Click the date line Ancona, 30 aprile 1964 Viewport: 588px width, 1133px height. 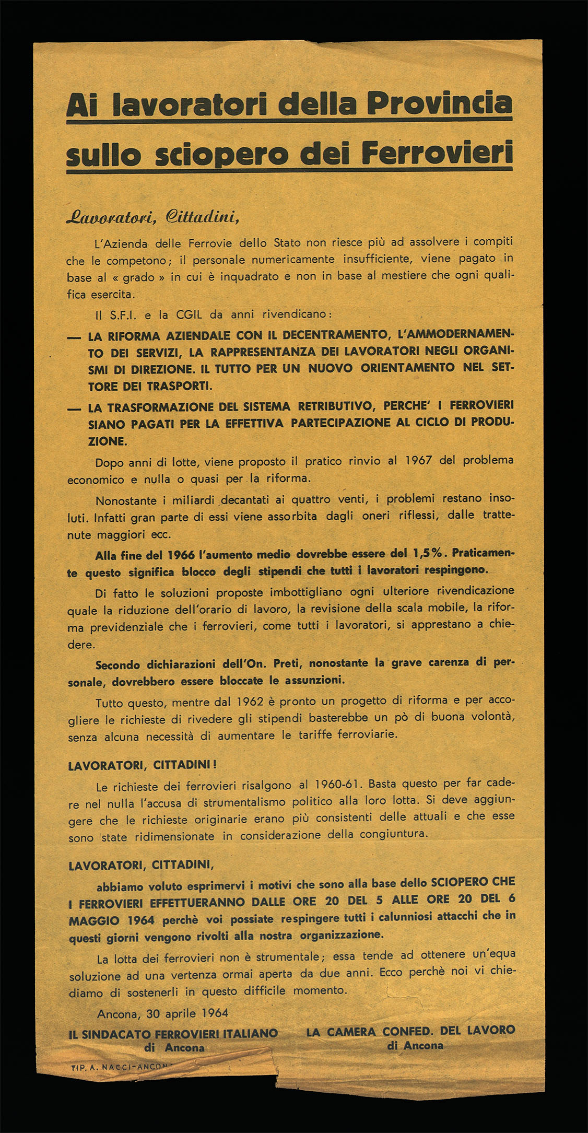click(x=162, y=1013)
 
